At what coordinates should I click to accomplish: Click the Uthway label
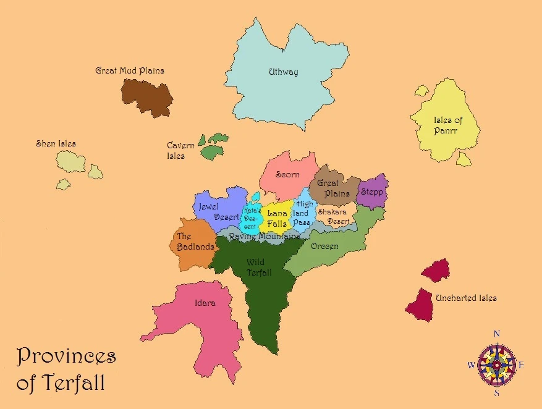(x=283, y=72)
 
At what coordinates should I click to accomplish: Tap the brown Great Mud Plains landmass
(x=147, y=96)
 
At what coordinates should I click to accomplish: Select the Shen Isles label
(x=56, y=144)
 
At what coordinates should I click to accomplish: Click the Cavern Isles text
(x=180, y=151)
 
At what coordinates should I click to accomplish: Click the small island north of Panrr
(x=421, y=91)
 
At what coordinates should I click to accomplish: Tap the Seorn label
(x=287, y=175)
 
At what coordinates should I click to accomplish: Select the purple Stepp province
(x=373, y=192)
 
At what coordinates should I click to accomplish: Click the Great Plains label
(x=332, y=188)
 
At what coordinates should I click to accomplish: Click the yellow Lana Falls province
(x=277, y=218)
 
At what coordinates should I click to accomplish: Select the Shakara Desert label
(x=333, y=216)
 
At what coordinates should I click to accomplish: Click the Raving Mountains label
(x=268, y=237)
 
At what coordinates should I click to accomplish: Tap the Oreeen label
(x=324, y=247)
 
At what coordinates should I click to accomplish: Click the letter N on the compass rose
(x=496, y=334)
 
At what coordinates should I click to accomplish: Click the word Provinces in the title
(x=66, y=356)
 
